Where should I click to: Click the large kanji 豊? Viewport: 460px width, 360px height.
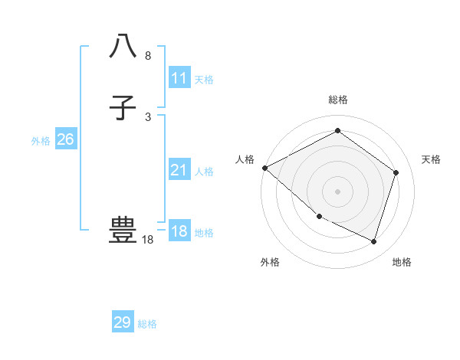[123, 229]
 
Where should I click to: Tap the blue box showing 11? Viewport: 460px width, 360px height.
[179, 78]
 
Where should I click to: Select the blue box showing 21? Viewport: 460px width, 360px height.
[179, 171]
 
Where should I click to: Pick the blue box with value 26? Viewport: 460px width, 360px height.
[65, 139]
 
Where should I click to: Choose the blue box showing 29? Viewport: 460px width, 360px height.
[123, 322]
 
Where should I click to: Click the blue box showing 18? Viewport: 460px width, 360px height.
[179, 231]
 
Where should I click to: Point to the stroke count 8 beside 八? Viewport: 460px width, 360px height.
[148, 56]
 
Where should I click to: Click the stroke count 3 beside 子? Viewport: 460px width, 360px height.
[148, 117]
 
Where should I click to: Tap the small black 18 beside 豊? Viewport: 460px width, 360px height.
[147, 240]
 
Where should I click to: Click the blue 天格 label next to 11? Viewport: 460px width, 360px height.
[204, 80]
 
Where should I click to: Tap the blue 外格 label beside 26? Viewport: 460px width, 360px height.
[41, 141]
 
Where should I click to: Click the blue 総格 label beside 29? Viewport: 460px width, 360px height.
[147, 324]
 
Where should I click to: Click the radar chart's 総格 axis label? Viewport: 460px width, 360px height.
[338, 100]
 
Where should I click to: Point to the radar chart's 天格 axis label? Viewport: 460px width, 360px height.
[432, 159]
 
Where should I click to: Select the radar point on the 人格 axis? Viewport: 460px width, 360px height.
[264, 168]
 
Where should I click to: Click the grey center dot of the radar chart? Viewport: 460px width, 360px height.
[338, 191]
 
